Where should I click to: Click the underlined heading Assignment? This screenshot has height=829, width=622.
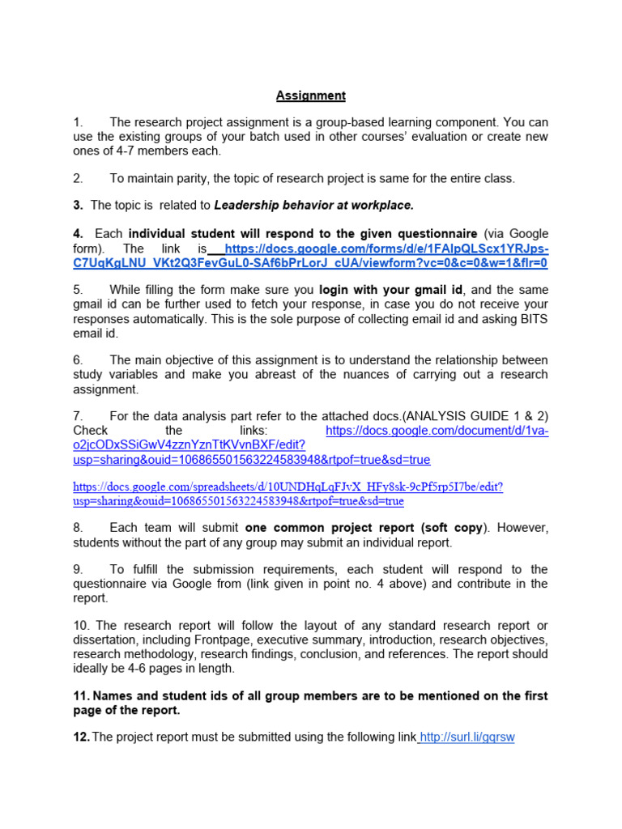click(310, 96)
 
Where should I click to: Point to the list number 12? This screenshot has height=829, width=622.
click(80, 737)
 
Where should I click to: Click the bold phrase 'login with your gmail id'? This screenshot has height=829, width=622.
click(391, 289)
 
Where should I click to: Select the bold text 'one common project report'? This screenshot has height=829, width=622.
click(330, 528)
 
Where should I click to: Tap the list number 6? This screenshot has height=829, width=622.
click(78, 359)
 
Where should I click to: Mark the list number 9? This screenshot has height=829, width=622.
click(78, 569)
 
